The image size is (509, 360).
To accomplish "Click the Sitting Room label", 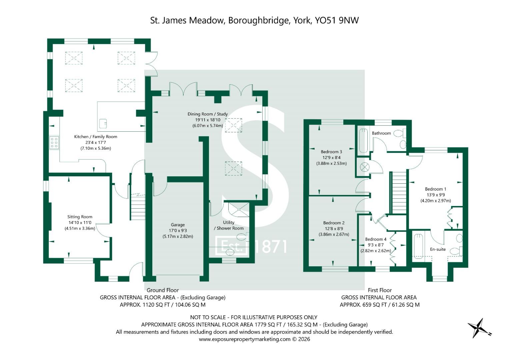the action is pos(80,217).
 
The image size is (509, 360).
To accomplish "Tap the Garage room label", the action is pos(178,225).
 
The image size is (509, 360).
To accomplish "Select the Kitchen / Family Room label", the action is pos(96,137).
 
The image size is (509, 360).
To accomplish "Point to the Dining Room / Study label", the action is pos(207,114).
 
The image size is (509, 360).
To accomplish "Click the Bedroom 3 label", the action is pos(331,152).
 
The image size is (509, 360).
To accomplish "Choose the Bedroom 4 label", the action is pos(376,239).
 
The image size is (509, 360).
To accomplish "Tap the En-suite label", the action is pos(438,249).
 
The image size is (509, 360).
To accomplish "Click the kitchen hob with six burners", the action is pos(54,143).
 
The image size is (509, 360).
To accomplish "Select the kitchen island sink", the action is pos(103,123).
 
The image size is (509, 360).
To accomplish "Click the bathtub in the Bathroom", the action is pos(363,140).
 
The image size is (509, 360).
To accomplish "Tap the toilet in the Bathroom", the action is pos(399,133).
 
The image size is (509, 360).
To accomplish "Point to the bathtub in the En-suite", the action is pos(418,246).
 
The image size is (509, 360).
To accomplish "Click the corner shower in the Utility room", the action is pos(239,210).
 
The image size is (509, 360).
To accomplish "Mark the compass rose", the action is pos(479,328).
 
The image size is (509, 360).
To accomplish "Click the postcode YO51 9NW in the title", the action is pos(337,20).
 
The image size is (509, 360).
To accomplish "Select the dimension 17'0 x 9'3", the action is pos(178,230).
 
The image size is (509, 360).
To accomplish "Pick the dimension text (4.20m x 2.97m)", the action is pos(436,201).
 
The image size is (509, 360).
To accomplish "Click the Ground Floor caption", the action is pos(162,290).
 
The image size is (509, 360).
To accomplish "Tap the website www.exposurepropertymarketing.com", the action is pos(245,339).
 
